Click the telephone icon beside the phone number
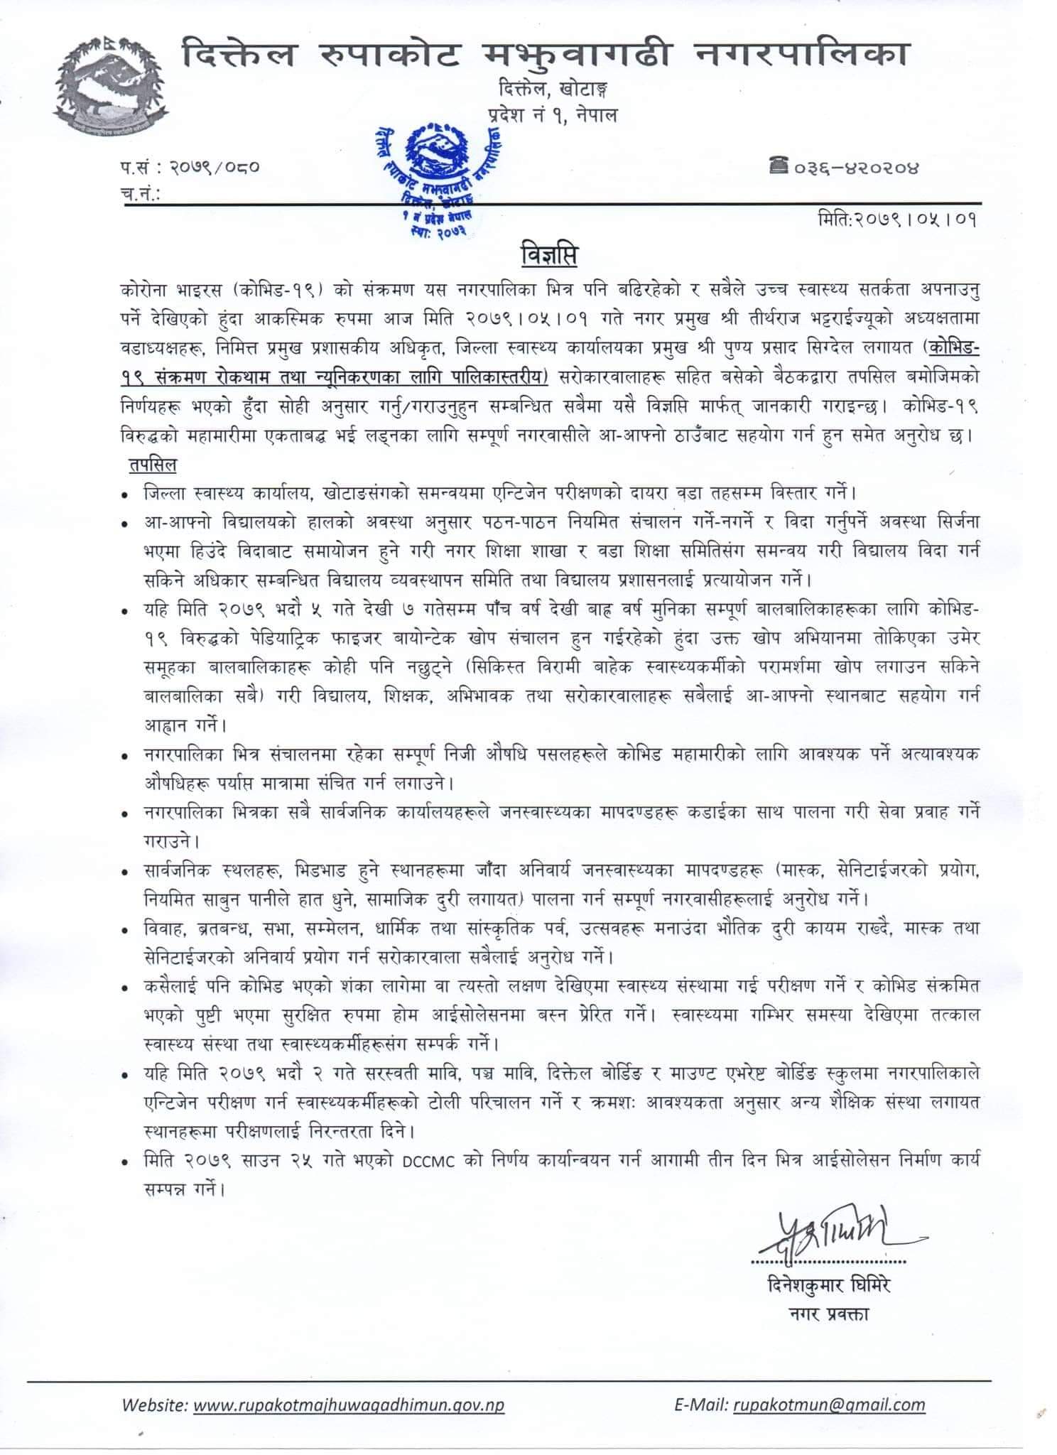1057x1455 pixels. tap(778, 167)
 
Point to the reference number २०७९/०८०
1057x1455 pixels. tap(215, 168)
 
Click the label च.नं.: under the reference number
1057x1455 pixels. tap(139, 193)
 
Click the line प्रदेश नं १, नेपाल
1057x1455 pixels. tap(552, 114)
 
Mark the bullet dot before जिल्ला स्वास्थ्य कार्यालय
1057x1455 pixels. tap(126, 493)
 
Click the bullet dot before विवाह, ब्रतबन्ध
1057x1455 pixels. tap(126, 930)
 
